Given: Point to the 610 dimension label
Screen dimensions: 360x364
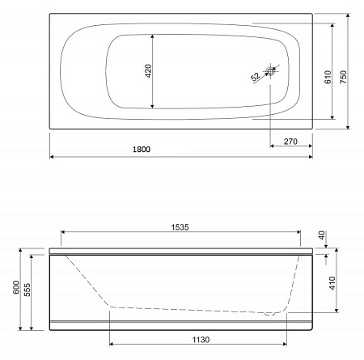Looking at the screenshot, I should pyautogui.click(x=327, y=78).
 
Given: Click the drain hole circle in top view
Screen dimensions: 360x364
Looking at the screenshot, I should pyautogui.click(x=271, y=71).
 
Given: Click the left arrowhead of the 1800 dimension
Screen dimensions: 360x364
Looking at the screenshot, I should pyautogui.click(x=53, y=156).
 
